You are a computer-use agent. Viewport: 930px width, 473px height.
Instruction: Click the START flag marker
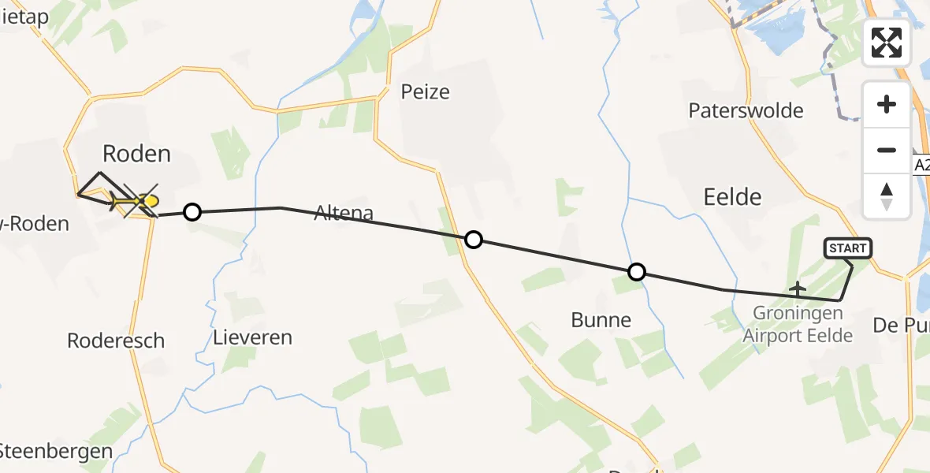pyautogui.click(x=847, y=248)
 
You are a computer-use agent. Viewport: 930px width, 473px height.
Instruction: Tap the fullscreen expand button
pyautogui.click(x=887, y=43)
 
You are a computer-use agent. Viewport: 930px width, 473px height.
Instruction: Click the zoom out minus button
pyautogui.click(x=887, y=150)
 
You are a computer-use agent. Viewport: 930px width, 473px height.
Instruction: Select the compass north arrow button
pyautogui.click(x=887, y=196)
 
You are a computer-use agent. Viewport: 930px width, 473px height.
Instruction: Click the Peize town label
pyautogui.click(x=425, y=91)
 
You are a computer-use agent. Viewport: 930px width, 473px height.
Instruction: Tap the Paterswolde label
pyautogui.click(x=746, y=110)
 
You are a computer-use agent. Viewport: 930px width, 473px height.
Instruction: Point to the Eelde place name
pyautogui.click(x=732, y=196)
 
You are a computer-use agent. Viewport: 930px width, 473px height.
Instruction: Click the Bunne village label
pyautogui.click(x=601, y=319)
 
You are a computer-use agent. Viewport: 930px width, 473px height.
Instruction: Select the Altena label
pyautogui.click(x=344, y=211)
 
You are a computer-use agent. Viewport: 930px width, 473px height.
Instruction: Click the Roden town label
pyautogui.click(x=137, y=153)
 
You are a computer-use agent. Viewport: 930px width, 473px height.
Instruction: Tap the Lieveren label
pyautogui.click(x=252, y=337)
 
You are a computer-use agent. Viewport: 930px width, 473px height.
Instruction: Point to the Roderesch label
pyautogui.click(x=116, y=341)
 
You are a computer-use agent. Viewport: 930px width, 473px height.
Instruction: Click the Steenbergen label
pyautogui.click(x=55, y=453)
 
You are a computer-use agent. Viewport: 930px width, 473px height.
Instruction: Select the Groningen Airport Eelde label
pyautogui.click(x=798, y=324)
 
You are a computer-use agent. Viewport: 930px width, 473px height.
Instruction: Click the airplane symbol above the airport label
pyautogui.click(x=798, y=289)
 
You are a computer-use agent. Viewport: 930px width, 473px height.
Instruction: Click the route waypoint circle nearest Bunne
pyautogui.click(x=636, y=273)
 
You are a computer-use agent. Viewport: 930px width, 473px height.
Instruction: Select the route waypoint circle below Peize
pyautogui.click(x=473, y=240)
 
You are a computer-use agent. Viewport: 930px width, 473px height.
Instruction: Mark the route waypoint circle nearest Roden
pyautogui.click(x=192, y=211)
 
